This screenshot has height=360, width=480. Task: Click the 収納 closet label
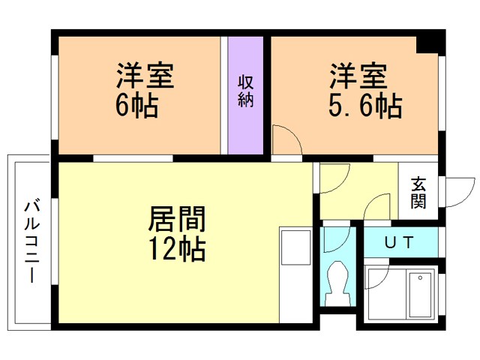245,91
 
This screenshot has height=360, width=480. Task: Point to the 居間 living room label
177,219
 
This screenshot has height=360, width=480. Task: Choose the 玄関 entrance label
418,193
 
